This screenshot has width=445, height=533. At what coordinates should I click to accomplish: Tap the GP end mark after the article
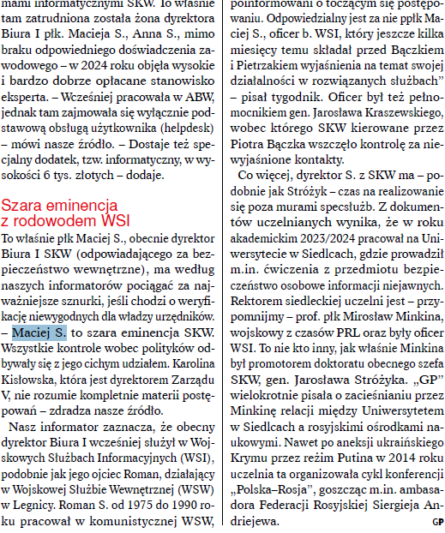436,521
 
